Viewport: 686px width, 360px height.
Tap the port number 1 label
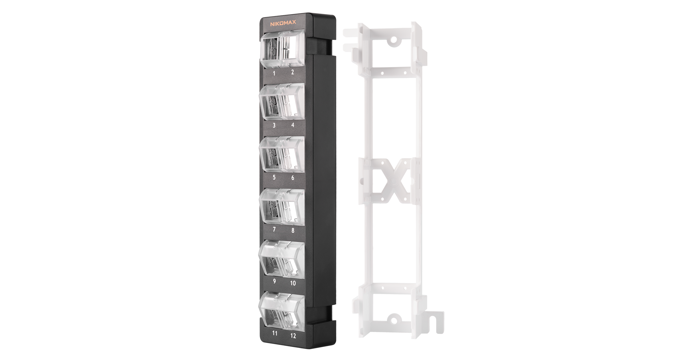pyautogui.click(x=274, y=73)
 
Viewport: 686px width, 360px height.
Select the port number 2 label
pyautogui.click(x=292, y=72)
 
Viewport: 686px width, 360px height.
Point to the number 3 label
pyautogui.click(x=274, y=125)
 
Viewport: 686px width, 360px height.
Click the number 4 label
pyautogui.click(x=293, y=125)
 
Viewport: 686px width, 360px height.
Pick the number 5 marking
pyautogui.click(x=274, y=177)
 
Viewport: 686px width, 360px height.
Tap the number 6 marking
pyautogui.click(x=293, y=178)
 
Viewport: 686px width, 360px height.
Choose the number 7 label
pyautogui.click(x=274, y=229)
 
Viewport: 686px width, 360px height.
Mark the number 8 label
pyautogui.click(x=293, y=230)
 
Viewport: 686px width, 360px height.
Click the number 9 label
pyautogui.click(x=274, y=281)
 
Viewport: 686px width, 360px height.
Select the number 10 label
pyautogui.click(x=293, y=283)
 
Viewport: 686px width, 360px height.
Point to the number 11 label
pyautogui.click(x=275, y=333)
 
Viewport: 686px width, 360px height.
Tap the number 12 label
pyautogui.click(x=293, y=336)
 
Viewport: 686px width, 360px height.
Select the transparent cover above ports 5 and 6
pyautogui.click(x=282, y=154)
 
